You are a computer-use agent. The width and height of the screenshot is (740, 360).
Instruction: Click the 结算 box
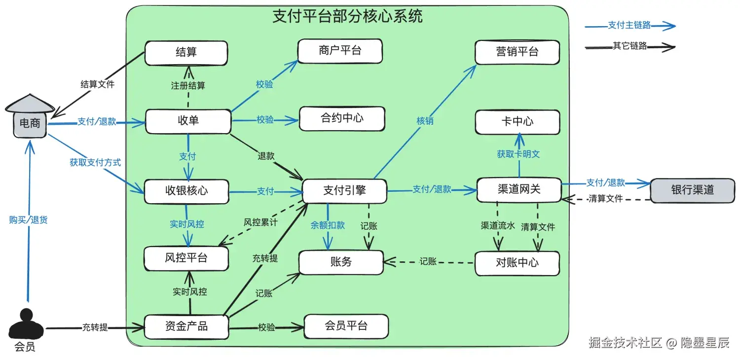coord(186,53)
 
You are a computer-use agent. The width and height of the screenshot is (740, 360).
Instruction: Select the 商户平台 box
coord(340,51)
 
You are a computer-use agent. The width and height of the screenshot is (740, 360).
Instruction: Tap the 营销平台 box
coord(518,52)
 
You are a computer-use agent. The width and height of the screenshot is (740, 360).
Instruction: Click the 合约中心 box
coord(342,118)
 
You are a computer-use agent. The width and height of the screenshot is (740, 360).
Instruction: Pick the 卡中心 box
coord(518,122)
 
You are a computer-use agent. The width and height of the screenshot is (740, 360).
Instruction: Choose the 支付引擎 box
coord(344,191)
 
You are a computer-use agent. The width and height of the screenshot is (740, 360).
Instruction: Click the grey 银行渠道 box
coord(693,190)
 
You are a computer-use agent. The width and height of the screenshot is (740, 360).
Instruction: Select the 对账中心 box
coord(518,263)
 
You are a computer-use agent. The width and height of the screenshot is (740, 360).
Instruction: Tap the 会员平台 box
coord(346,326)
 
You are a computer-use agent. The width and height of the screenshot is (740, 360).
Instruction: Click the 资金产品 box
coord(186,327)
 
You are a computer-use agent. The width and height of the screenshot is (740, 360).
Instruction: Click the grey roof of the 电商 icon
coord(30,104)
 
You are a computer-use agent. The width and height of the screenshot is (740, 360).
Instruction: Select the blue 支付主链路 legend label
coord(629,25)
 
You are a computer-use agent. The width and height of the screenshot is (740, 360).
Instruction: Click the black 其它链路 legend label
coord(630,45)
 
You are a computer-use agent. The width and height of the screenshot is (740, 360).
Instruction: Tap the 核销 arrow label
coord(425,121)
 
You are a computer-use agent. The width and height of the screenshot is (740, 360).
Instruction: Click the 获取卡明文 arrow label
coord(518,154)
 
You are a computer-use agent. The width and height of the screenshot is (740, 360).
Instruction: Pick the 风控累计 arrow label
coord(260,222)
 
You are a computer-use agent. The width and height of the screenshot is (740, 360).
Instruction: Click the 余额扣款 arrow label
coord(328,225)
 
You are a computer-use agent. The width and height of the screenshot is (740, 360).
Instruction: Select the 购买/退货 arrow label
coord(29,219)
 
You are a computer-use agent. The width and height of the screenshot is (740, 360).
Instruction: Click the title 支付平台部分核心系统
coord(347,16)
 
